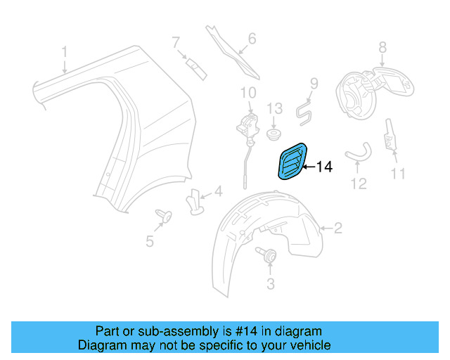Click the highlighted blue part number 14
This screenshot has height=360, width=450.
292,161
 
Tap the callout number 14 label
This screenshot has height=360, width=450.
323,167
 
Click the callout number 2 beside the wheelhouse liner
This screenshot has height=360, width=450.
337,228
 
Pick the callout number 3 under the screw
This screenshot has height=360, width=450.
269,284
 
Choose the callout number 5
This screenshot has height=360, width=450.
150,242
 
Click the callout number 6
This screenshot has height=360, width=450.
252,39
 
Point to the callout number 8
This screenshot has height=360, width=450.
382,48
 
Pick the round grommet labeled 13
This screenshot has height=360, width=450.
274,132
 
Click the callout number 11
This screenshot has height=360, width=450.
398,172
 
